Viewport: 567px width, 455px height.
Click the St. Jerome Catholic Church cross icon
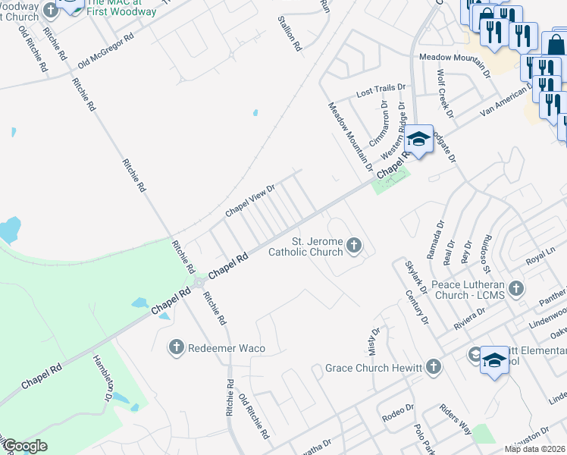(353, 245)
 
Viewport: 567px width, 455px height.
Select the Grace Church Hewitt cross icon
(433, 368)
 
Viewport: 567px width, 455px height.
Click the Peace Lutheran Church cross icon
(516, 288)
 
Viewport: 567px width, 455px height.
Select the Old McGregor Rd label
(105, 48)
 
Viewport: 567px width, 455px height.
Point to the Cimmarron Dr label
(379, 124)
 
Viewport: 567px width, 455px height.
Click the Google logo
(24, 446)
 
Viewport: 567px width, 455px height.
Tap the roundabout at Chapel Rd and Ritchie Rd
(199, 284)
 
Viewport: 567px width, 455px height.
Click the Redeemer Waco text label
(227, 347)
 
